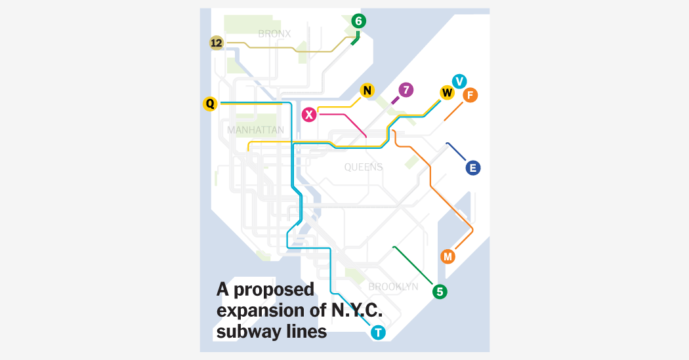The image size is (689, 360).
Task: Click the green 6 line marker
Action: (358, 22)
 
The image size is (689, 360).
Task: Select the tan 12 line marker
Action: (217, 43)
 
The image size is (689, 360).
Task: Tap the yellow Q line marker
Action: (210, 104)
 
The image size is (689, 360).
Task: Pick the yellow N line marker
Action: (367, 90)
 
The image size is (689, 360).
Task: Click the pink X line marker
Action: (309, 115)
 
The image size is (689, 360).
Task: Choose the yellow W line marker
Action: (447, 92)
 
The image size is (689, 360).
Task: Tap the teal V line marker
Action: (459, 81)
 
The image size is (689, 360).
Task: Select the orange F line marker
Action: (470, 96)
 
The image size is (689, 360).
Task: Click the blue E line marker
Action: (472, 168)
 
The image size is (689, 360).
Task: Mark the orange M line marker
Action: (448, 256)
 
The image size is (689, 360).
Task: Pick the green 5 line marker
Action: (440, 292)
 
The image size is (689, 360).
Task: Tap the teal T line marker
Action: (378, 332)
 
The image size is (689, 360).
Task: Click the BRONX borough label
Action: (274, 34)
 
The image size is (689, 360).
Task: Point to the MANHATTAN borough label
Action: (255, 130)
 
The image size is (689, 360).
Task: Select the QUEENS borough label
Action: (363, 167)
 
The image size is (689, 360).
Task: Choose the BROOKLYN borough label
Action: (393, 287)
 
